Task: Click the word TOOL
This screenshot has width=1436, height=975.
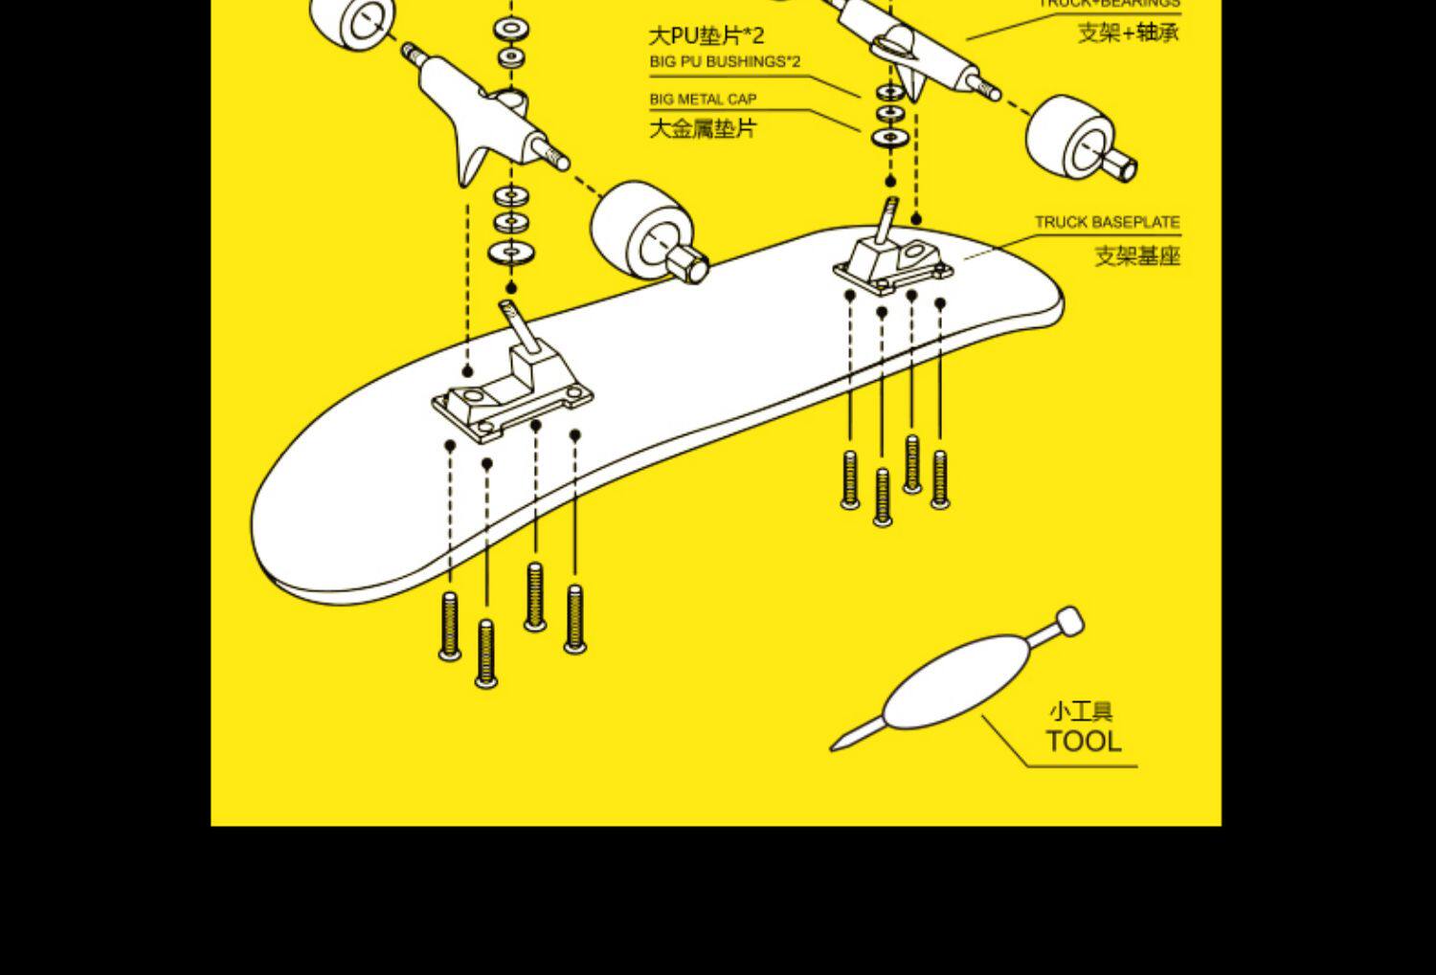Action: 1083,742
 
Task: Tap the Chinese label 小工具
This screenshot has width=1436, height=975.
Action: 1081,712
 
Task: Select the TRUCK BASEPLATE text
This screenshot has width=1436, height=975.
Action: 1107,222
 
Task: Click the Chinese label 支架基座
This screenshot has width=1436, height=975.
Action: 1137,255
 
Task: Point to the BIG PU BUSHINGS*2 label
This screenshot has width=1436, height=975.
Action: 725,62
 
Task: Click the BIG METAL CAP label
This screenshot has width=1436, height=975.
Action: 703,99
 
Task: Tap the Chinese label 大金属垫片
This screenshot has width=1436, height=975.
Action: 703,128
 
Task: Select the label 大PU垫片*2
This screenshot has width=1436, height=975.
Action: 707,36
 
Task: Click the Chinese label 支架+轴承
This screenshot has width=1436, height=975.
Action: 1129,33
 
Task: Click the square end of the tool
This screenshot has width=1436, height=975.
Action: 1069,621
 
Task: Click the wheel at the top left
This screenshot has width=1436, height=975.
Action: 353,21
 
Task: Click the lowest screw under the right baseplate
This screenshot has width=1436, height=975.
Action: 883,498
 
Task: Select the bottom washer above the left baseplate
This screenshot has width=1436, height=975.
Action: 511,253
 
